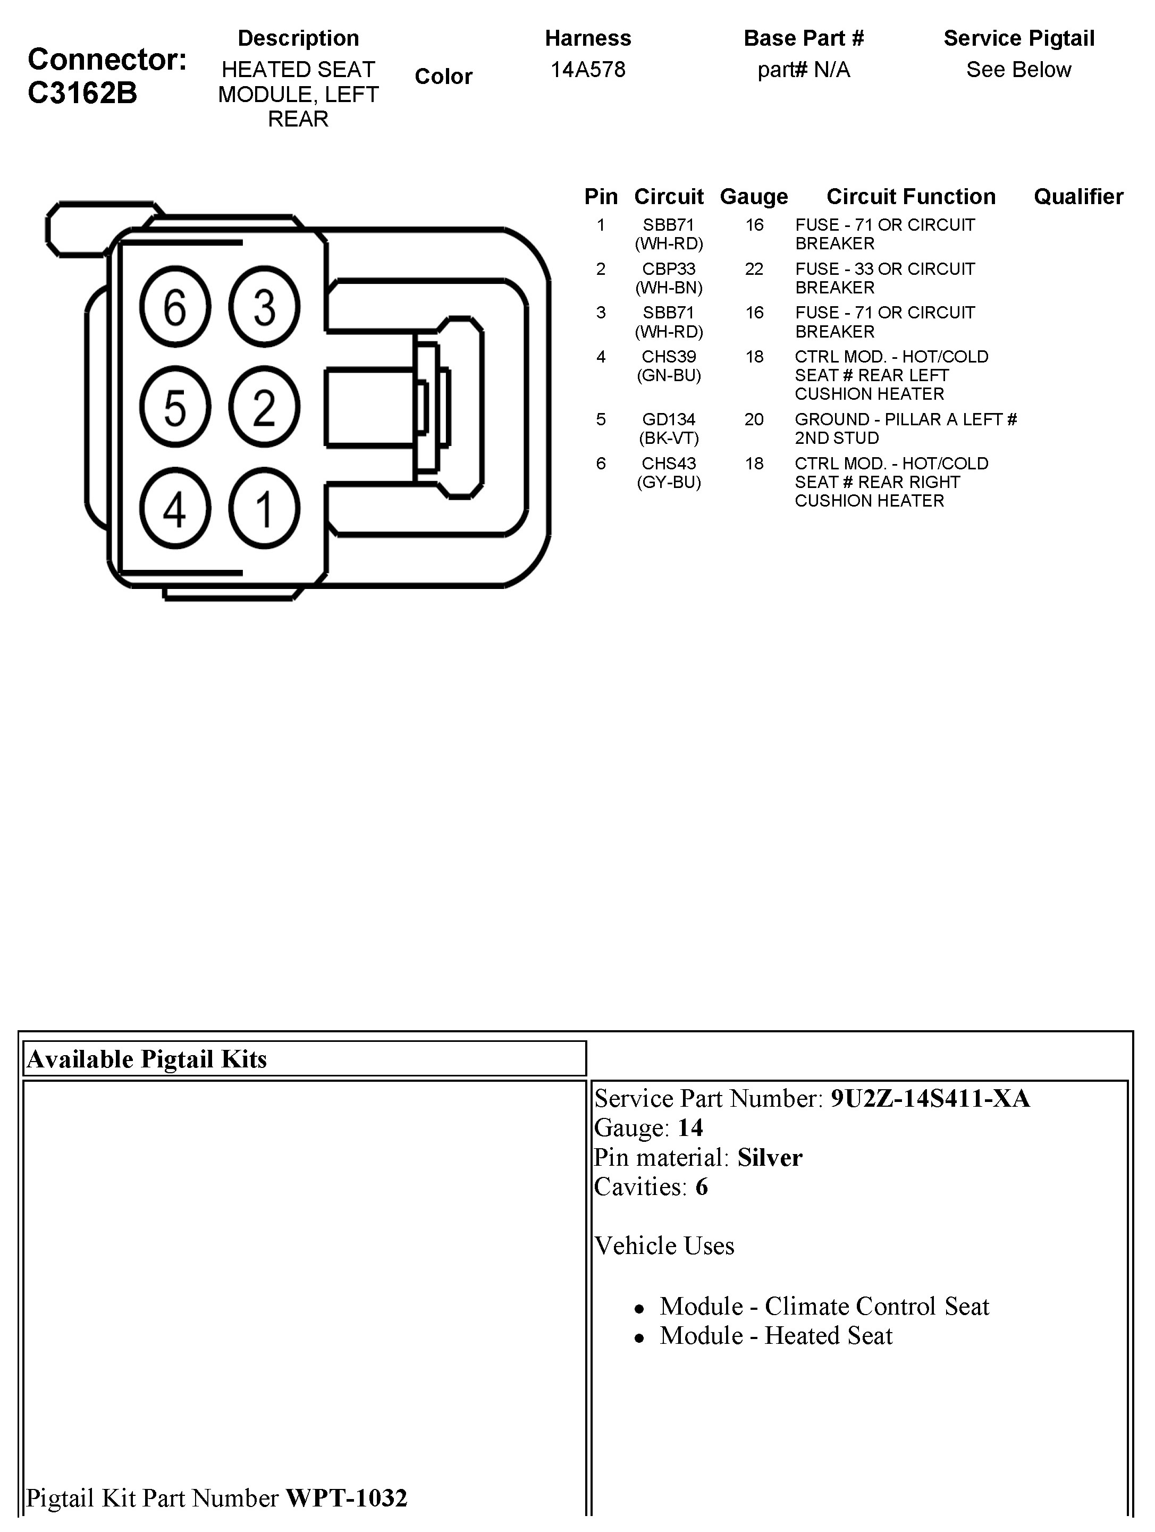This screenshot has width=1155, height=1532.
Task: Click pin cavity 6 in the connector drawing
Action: (174, 307)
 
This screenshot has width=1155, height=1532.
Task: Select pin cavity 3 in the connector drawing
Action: (264, 307)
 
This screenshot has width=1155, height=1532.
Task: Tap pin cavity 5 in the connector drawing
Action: (174, 407)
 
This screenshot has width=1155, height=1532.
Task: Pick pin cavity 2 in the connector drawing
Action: (264, 407)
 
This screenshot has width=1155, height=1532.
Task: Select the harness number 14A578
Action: (588, 69)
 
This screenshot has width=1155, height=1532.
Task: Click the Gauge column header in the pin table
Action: (753, 197)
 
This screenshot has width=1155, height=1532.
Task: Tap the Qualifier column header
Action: (1078, 197)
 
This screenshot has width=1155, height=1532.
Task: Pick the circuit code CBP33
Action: (668, 269)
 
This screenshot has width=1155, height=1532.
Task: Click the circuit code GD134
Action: (668, 419)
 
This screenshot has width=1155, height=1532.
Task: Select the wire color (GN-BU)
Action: (668, 375)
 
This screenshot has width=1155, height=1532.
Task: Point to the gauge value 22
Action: (753, 269)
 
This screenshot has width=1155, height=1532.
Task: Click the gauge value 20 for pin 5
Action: (753, 419)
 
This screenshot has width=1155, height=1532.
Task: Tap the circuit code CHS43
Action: (668, 464)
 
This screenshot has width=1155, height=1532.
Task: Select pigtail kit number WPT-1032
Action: (346, 1498)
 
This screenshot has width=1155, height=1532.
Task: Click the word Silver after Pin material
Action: (769, 1158)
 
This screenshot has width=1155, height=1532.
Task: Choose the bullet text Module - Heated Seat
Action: (775, 1335)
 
